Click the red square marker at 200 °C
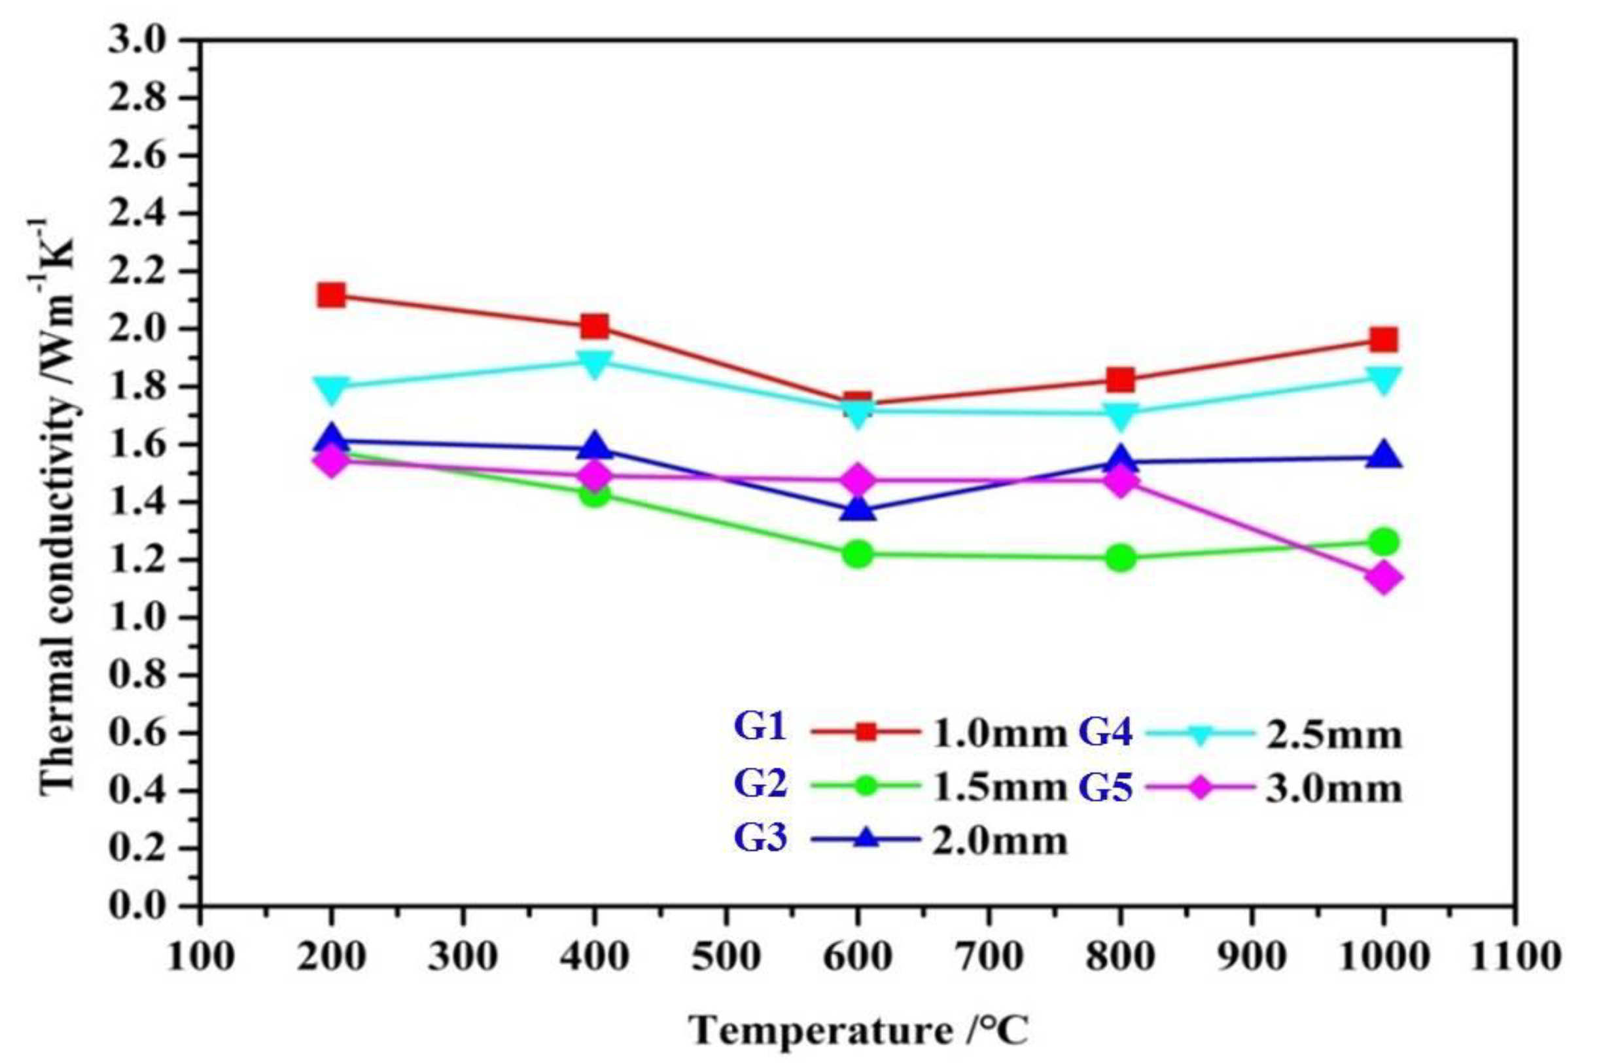[x=331, y=295]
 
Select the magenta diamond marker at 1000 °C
[x=1383, y=578]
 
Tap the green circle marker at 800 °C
[x=1120, y=558]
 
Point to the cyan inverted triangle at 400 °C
[x=594, y=363]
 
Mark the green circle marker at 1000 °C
[x=1383, y=542]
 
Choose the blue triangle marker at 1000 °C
[x=1383, y=455]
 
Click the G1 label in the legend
[x=760, y=728]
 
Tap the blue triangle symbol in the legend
[x=866, y=839]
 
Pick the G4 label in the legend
[x=1105, y=734]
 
